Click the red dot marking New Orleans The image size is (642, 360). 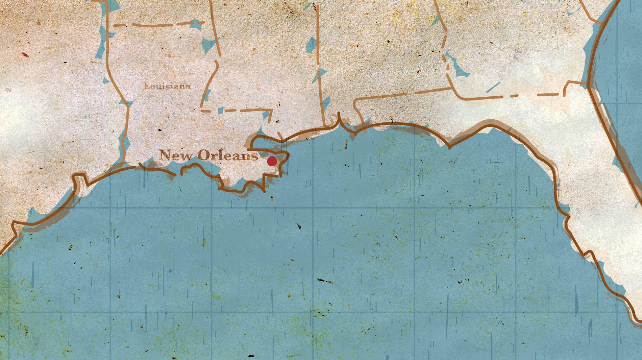pos(272,161)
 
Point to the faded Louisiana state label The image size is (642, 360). pos(167,87)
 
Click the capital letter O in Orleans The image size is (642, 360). pos(203,156)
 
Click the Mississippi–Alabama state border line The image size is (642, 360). pos(319,68)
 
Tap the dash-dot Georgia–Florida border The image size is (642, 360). pos(507,97)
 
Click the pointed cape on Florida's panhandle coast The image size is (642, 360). pos(449,147)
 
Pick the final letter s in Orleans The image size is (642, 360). pos(254,156)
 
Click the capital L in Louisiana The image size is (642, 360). pos(146,86)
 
